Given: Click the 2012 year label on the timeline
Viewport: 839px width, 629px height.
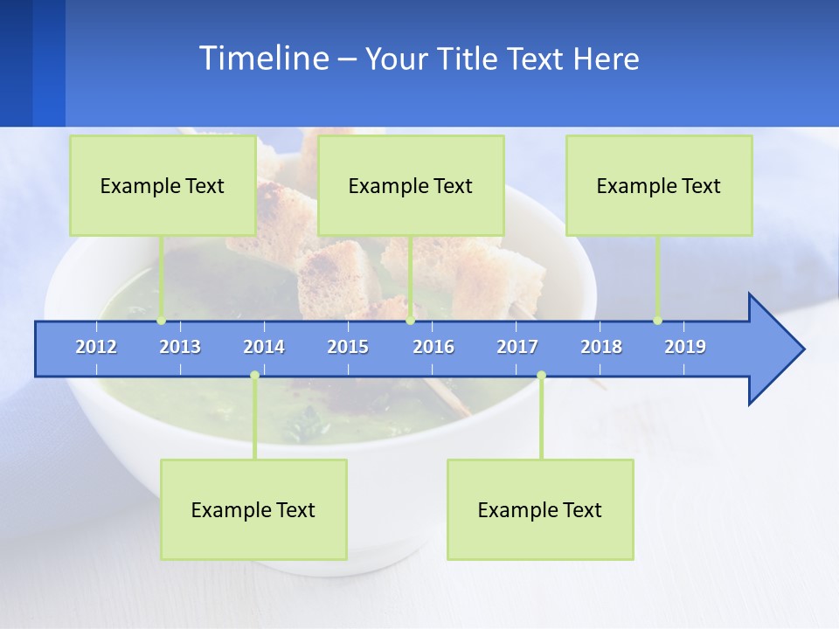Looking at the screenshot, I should coord(96,347).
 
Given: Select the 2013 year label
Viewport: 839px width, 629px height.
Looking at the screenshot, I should coord(180,347).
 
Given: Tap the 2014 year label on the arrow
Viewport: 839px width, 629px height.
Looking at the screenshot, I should coord(264,347).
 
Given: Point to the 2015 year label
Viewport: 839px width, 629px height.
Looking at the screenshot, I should coord(348,347).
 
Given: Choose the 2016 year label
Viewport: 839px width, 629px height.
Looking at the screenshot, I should coord(433,347).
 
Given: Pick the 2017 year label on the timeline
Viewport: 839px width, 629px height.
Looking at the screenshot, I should coord(517,347).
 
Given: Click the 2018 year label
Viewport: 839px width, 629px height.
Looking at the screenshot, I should coord(601,347).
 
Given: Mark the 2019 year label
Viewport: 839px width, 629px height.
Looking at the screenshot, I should coord(685,347).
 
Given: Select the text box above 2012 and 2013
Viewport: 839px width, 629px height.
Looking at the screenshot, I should coord(163,185).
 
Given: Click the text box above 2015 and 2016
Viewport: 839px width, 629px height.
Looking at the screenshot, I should coord(411,185).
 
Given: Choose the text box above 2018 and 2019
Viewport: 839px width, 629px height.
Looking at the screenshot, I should coord(659,185).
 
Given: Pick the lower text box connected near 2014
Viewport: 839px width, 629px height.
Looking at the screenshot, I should coord(253,509).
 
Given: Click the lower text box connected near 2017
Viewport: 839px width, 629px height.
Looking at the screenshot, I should coord(540,509).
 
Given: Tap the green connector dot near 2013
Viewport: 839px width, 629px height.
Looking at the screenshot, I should coord(161,321).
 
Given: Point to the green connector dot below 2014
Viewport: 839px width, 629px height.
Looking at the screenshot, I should coord(254,375).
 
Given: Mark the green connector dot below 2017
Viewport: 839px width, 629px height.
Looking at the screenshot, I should coord(541,375).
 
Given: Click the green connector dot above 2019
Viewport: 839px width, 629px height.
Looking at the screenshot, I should coord(657,321).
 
